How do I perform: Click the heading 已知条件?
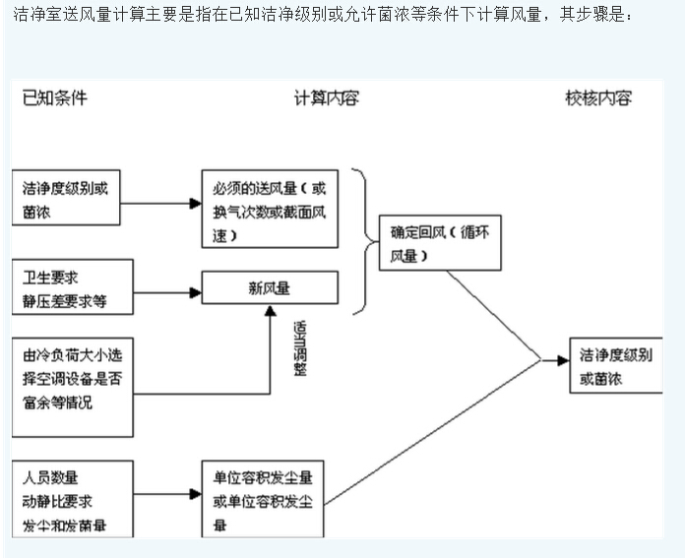55,97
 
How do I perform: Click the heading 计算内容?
326,97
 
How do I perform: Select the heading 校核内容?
597,97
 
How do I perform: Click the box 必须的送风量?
270,208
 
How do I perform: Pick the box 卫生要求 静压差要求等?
73,286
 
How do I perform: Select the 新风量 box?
270,287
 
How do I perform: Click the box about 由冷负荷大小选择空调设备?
73,387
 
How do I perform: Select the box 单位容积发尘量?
263,500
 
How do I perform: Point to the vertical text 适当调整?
298,347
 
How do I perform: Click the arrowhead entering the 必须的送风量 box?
195,204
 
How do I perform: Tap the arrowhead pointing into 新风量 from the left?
195,291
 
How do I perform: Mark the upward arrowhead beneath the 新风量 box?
271,310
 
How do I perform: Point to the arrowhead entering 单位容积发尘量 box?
195,495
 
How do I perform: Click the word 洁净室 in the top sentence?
32,17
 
